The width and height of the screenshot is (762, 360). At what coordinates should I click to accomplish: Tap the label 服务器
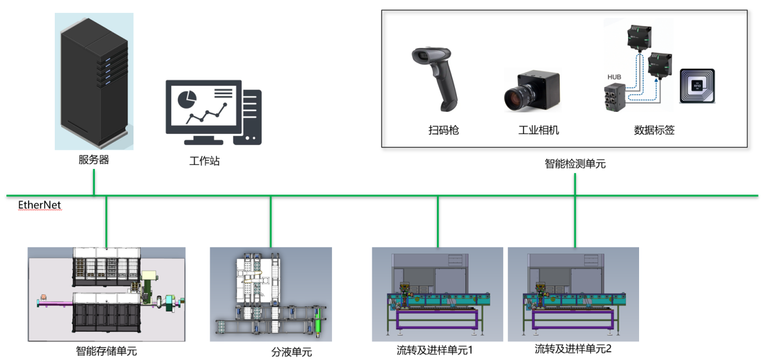(94, 160)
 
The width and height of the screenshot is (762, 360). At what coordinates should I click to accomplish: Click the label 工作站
(204, 161)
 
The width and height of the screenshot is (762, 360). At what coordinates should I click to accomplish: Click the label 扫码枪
(443, 130)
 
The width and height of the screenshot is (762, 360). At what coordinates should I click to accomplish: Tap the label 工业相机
(538, 130)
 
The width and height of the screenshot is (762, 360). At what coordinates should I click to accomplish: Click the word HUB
(614, 77)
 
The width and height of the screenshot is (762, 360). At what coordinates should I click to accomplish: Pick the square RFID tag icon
(697, 86)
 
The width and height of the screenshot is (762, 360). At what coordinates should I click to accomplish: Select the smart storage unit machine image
(107, 294)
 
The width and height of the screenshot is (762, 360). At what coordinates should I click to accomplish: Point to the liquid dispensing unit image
(270, 294)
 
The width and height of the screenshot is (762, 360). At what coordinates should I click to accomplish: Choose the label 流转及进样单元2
(573, 349)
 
